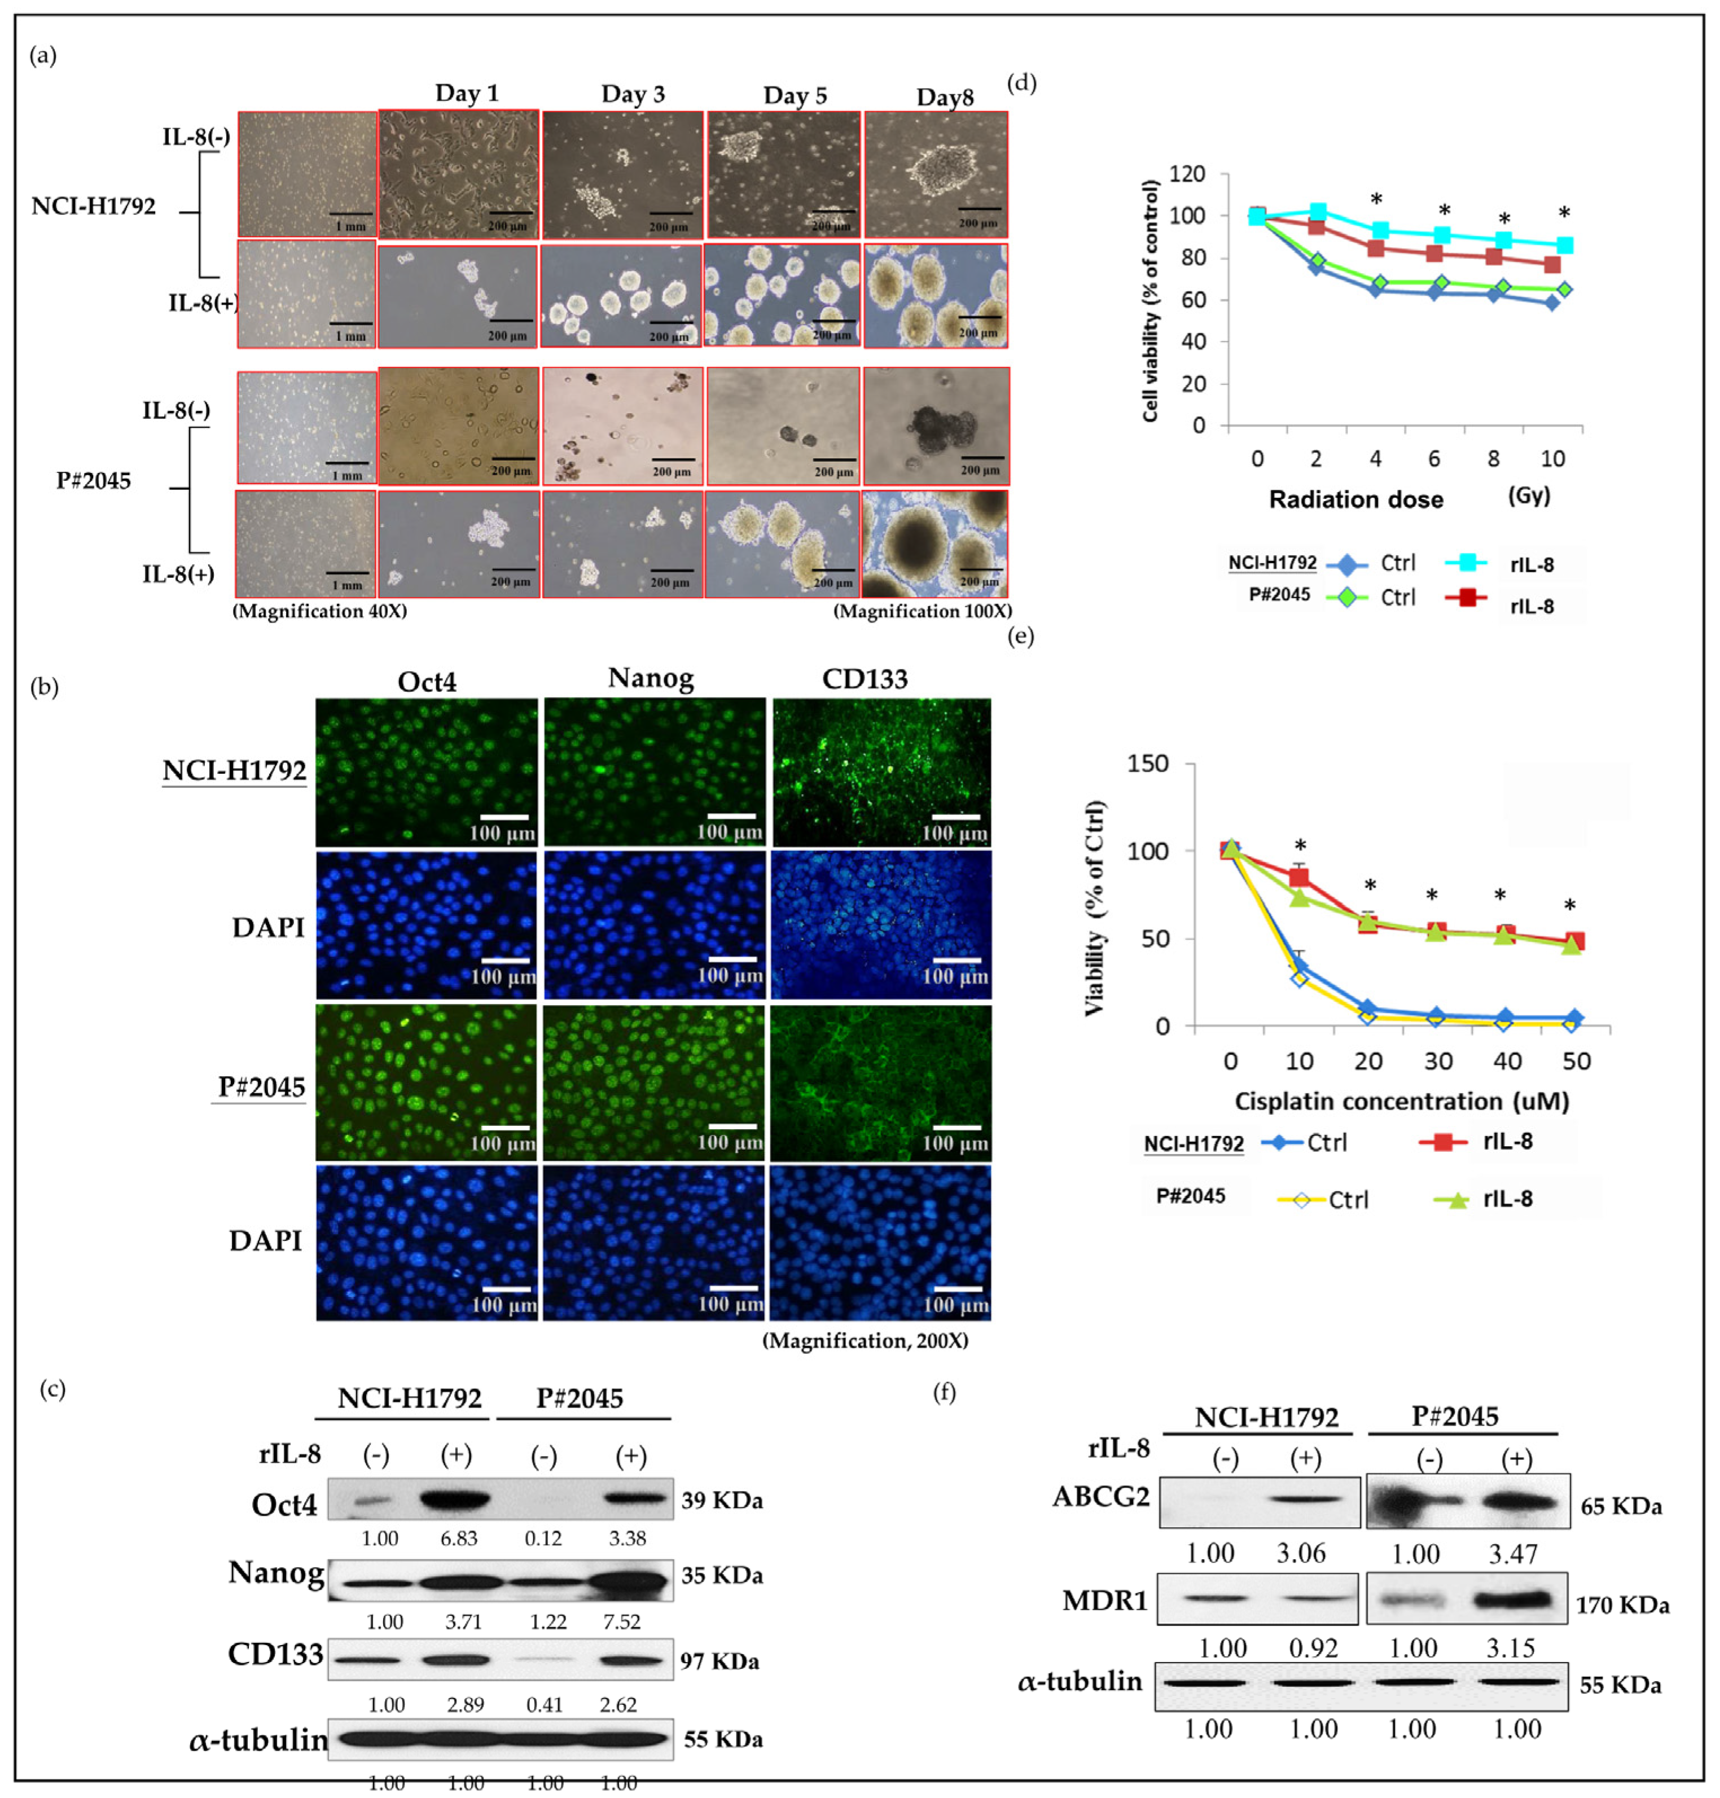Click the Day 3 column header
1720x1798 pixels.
pos(633,94)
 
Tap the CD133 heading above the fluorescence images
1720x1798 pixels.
pos(865,679)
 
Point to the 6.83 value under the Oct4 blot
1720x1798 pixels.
pos(458,1538)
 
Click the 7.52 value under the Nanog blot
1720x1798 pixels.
pos(622,1622)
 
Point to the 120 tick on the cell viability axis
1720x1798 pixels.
pos(1187,174)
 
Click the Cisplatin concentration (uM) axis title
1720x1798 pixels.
pos(1402,1101)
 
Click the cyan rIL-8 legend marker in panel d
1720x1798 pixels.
pos(1465,562)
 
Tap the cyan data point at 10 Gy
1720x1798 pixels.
pos(1565,245)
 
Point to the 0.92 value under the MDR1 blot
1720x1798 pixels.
pos(1313,1648)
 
